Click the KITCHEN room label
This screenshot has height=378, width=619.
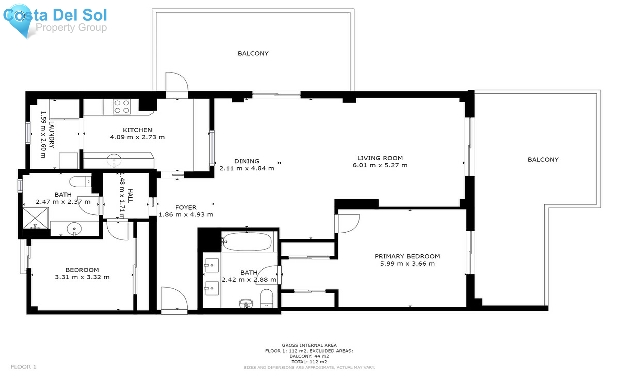pyautogui.click(x=137, y=130)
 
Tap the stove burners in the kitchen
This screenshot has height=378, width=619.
pyautogui.click(x=122, y=107)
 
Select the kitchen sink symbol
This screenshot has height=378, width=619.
pyautogui.click(x=114, y=160)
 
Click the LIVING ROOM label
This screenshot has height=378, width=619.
pyautogui.click(x=380, y=158)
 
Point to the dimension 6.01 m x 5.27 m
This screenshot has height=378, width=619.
pyautogui.click(x=380, y=165)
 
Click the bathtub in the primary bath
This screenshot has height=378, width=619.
pyautogui.click(x=247, y=242)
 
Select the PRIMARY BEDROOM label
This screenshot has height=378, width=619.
pyautogui.click(x=407, y=256)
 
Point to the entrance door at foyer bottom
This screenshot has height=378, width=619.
pyautogui.click(x=174, y=300)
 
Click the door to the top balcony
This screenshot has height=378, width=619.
pyautogui.click(x=176, y=84)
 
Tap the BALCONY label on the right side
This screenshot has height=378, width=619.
pyautogui.click(x=543, y=159)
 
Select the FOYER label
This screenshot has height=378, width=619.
pyautogui.click(x=186, y=207)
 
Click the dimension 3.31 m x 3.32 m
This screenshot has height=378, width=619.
pyautogui.click(x=82, y=277)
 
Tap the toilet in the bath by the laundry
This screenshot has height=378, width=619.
pyautogui.click(x=80, y=181)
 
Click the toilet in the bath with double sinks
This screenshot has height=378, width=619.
pyautogui.click(x=267, y=298)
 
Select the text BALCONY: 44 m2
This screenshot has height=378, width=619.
pyautogui.click(x=309, y=356)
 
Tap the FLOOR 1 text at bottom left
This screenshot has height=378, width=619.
pyautogui.click(x=23, y=367)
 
